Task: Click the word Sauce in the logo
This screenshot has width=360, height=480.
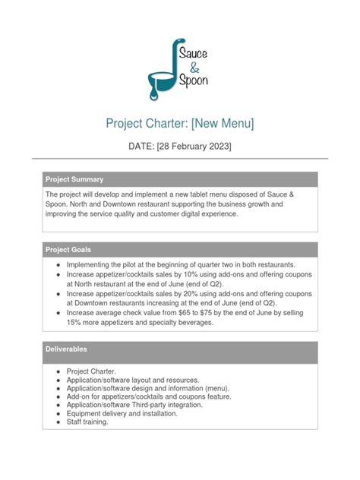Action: tap(192, 52)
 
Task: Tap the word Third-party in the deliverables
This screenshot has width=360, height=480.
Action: tap(162, 405)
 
